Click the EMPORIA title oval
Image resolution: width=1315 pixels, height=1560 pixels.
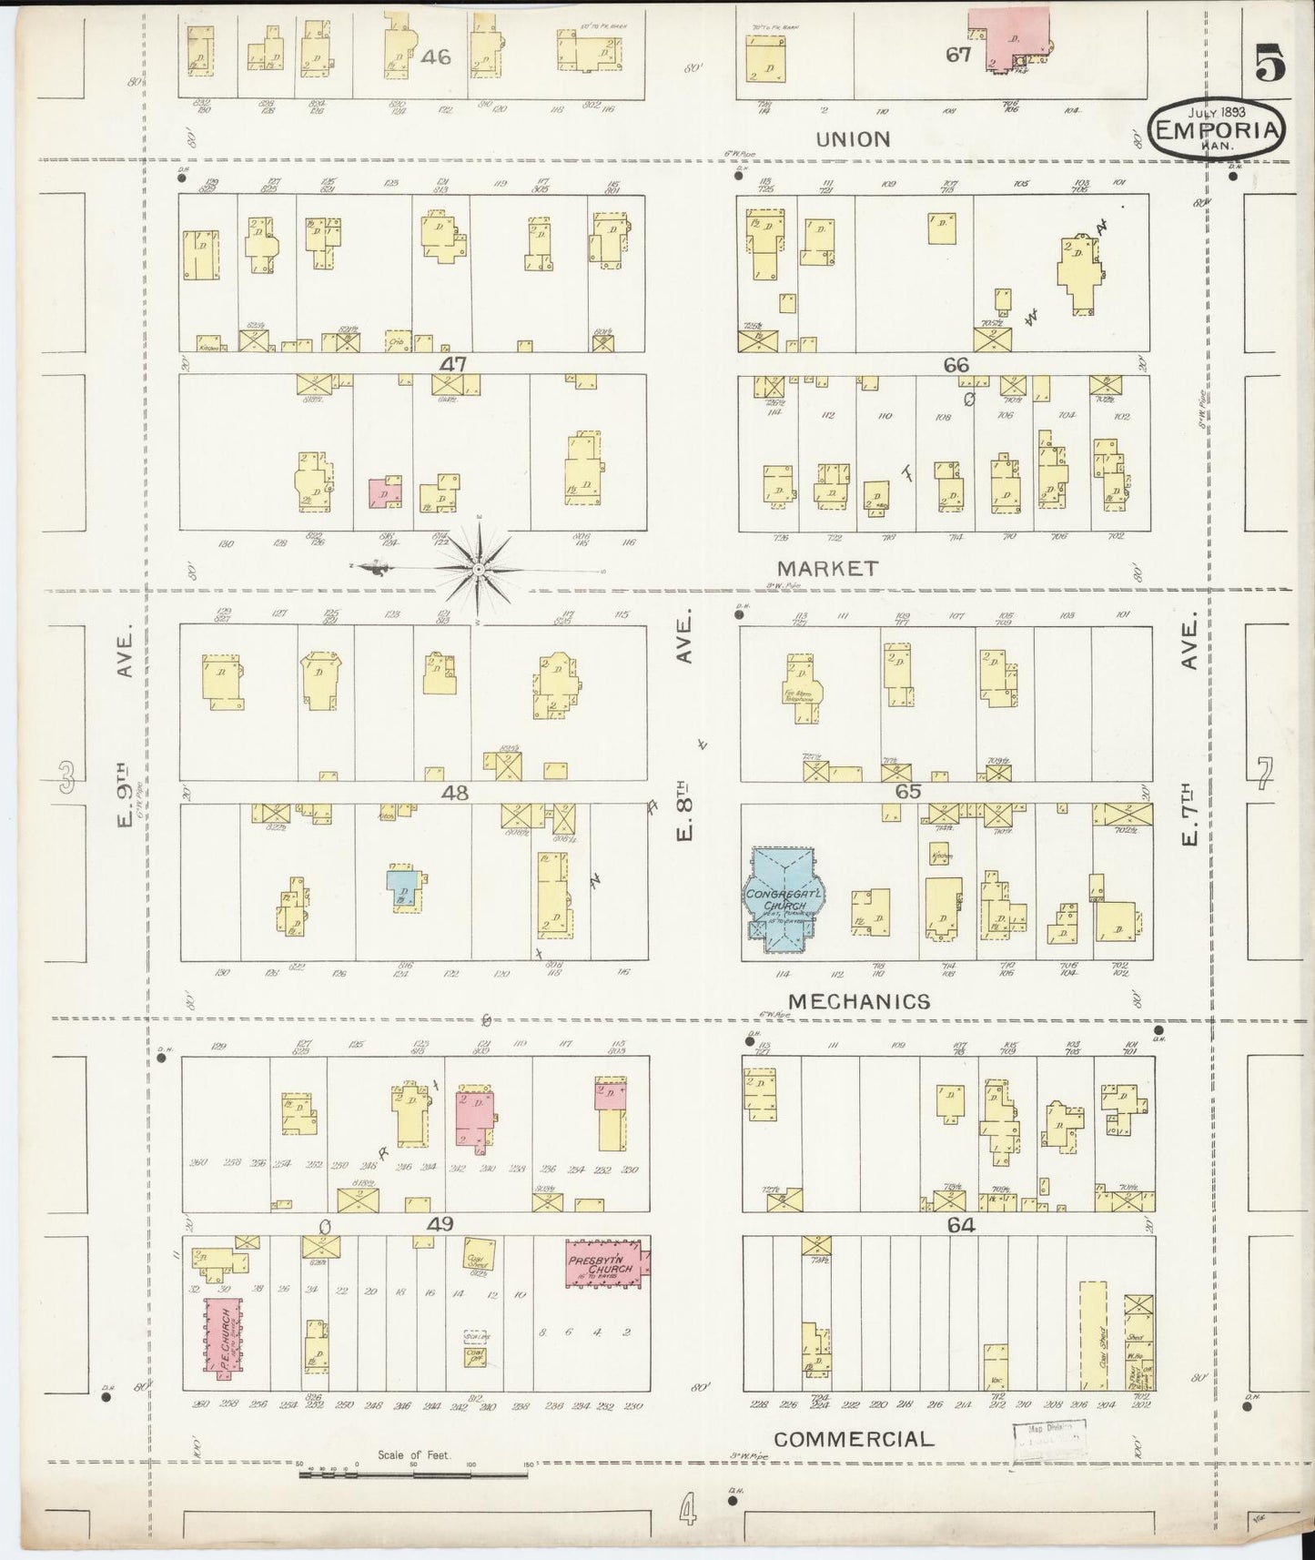point(1219,130)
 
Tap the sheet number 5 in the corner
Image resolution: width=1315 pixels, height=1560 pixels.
point(1270,64)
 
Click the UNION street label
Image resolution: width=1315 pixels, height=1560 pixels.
point(853,139)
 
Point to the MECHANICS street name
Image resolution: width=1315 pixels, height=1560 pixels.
point(859,1002)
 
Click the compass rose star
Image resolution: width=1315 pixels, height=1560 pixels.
point(479,570)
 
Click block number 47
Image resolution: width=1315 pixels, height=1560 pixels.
point(453,364)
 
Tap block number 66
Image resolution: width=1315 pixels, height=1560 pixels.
point(956,364)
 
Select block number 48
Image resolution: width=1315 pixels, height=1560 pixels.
point(455,794)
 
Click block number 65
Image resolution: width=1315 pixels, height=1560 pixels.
point(907,792)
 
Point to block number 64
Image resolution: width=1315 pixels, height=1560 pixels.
point(961,1226)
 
